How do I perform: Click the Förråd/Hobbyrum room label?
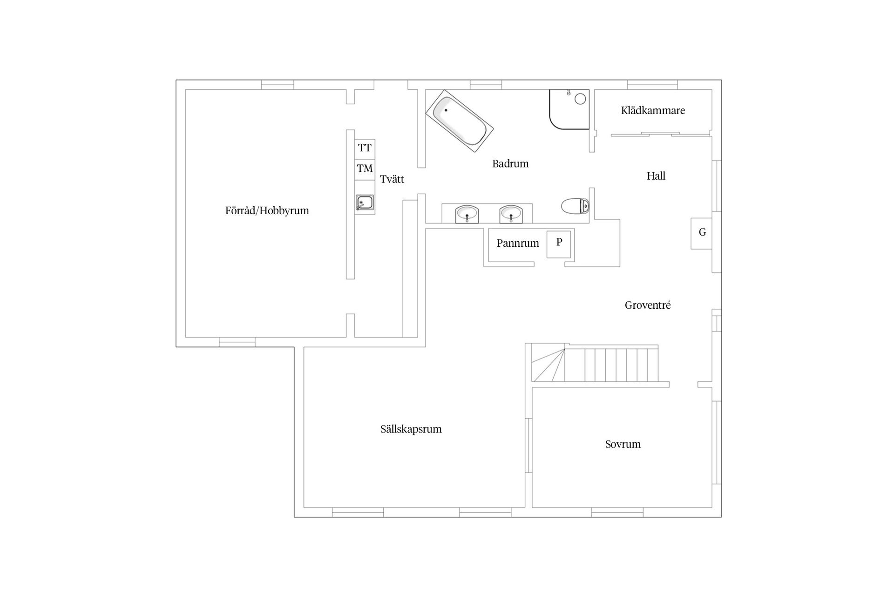[267, 210]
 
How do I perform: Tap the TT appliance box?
[365, 148]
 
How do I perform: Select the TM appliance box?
[365, 169]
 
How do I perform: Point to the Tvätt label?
[392, 179]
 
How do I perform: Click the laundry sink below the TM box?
[365, 203]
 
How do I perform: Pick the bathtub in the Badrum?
[459, 121]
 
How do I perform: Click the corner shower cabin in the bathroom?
[569, 109]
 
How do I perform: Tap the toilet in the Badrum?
[576, 206]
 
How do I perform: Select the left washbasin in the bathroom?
[467, 214]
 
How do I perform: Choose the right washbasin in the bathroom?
[511, 214]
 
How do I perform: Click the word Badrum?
[510, 164]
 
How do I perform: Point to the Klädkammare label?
[653, 111]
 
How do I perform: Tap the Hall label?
[656, 176]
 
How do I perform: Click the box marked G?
[702, 233]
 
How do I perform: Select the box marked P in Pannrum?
[559, 244]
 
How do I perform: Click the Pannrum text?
[517, 243]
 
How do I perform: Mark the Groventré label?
[647, 305]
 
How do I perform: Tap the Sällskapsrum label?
[411, 429]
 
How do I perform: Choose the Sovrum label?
[623, 444]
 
